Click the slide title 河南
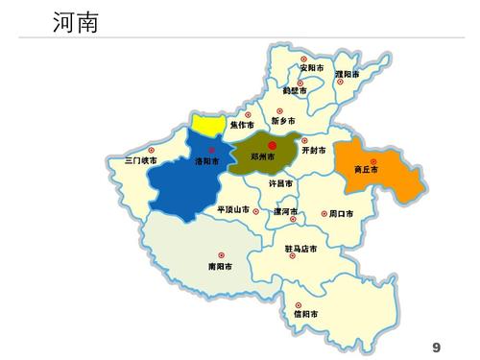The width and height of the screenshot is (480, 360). click(76, 20)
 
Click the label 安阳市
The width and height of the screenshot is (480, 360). click(312, 68)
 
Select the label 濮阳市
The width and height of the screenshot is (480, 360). click(348, 74)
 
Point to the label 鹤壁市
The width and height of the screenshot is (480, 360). click(296, 92)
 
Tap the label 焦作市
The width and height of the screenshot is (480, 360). click(242, 126)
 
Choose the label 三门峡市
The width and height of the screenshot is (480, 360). click(141, 161)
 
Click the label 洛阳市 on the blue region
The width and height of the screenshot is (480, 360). click(206, 161)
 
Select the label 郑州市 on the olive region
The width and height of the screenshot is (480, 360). click(262, 156)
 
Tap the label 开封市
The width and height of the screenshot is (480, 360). click(314, 151)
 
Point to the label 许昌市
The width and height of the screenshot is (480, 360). click(280, 183)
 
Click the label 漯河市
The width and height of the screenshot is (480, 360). click(286, 211)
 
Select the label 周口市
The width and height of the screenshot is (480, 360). click(341, 213)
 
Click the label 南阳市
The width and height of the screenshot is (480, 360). click(219, 266)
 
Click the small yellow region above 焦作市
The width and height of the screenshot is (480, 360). click(206, 123)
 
